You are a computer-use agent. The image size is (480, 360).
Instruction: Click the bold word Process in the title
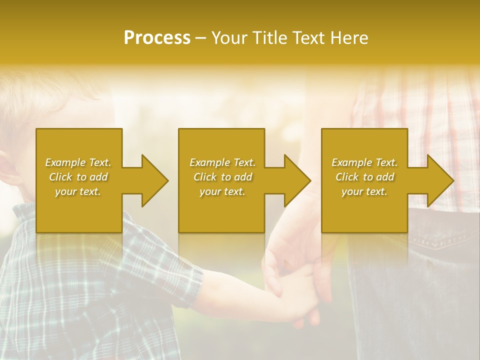click(x=157, y=38)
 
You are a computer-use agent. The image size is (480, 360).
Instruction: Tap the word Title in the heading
click(x=270, y=38)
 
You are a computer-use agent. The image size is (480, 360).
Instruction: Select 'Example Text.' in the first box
click(x=78, y=162)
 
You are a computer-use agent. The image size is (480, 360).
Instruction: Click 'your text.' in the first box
click(x=78, y=191)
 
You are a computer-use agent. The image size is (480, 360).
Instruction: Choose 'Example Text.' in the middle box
click(x=222, y=162)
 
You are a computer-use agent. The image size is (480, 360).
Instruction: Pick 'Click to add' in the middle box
click(x=222, y=177)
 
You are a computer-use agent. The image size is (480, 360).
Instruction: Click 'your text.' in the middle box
click(x=222, y=191)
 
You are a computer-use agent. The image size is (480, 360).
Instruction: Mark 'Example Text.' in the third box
click(x=364, y=162)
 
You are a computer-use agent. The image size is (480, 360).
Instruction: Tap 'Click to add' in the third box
click(x=364, y=177)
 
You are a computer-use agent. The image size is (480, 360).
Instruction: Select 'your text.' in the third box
click(x=364, y=191)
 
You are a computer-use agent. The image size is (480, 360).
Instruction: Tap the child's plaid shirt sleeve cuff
click(x=192, y=280)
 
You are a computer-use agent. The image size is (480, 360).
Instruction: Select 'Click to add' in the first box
click(x=78, y=177)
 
